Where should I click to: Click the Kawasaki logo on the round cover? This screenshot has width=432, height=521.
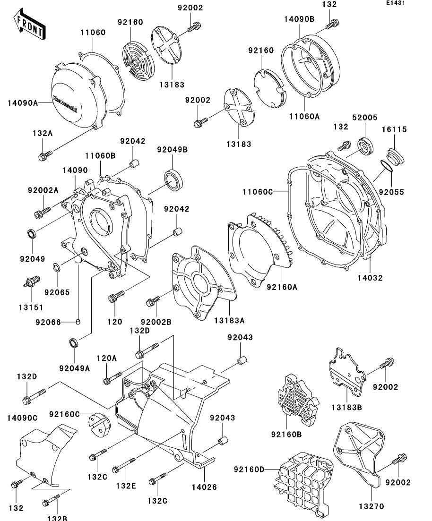tap(71, 101)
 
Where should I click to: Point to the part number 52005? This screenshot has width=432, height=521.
tap(364, 117)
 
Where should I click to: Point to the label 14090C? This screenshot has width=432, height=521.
tap(22, 418)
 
